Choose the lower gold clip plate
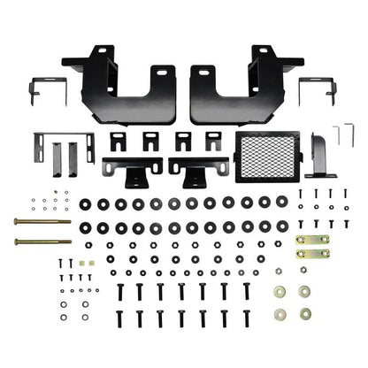[311, 254]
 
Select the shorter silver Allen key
[323, 138]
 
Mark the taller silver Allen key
[337, 135]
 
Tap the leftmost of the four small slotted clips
[119, 142]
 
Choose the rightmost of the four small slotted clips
[213, 142]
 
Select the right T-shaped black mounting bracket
[200, 169]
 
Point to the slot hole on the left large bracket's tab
[163, 72]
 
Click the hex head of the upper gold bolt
[18, 222]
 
